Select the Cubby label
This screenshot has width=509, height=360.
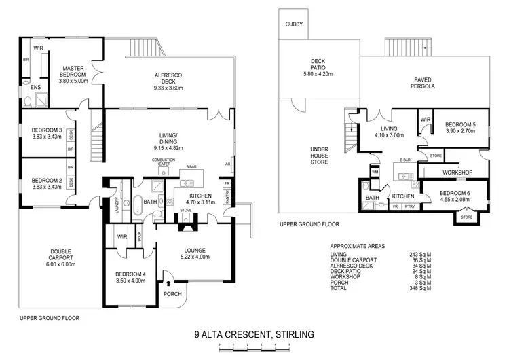click(x=293, y=24)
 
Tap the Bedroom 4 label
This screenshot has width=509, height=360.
click(x=130, y=275)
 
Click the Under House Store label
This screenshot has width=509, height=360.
click(x=319, y=154)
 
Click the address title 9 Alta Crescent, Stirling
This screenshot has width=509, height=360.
click(x=254, y=334)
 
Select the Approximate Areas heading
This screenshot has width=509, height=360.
click(x=357, y=246)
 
